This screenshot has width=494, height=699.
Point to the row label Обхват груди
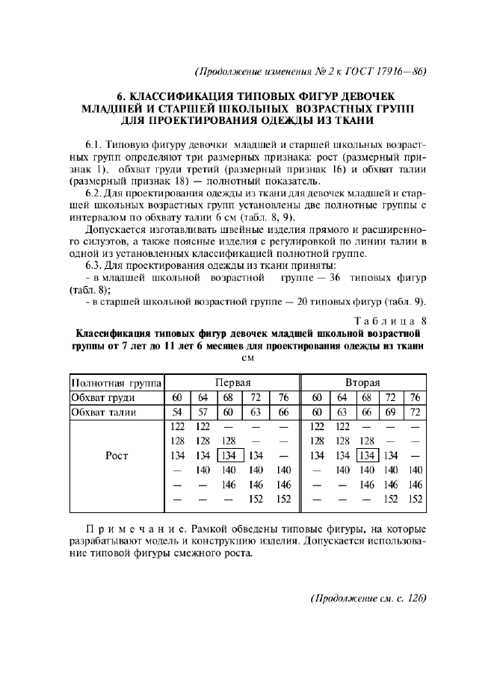click(103, 397)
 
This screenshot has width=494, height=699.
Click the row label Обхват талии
click(103, 412)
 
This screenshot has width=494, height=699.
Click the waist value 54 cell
click(178, 412)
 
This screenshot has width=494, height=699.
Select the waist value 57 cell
click(203, 412)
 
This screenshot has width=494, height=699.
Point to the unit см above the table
click(247, 358)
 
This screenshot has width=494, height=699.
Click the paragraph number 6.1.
click(95, 142)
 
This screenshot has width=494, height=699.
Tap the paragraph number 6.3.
click(95, 265)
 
